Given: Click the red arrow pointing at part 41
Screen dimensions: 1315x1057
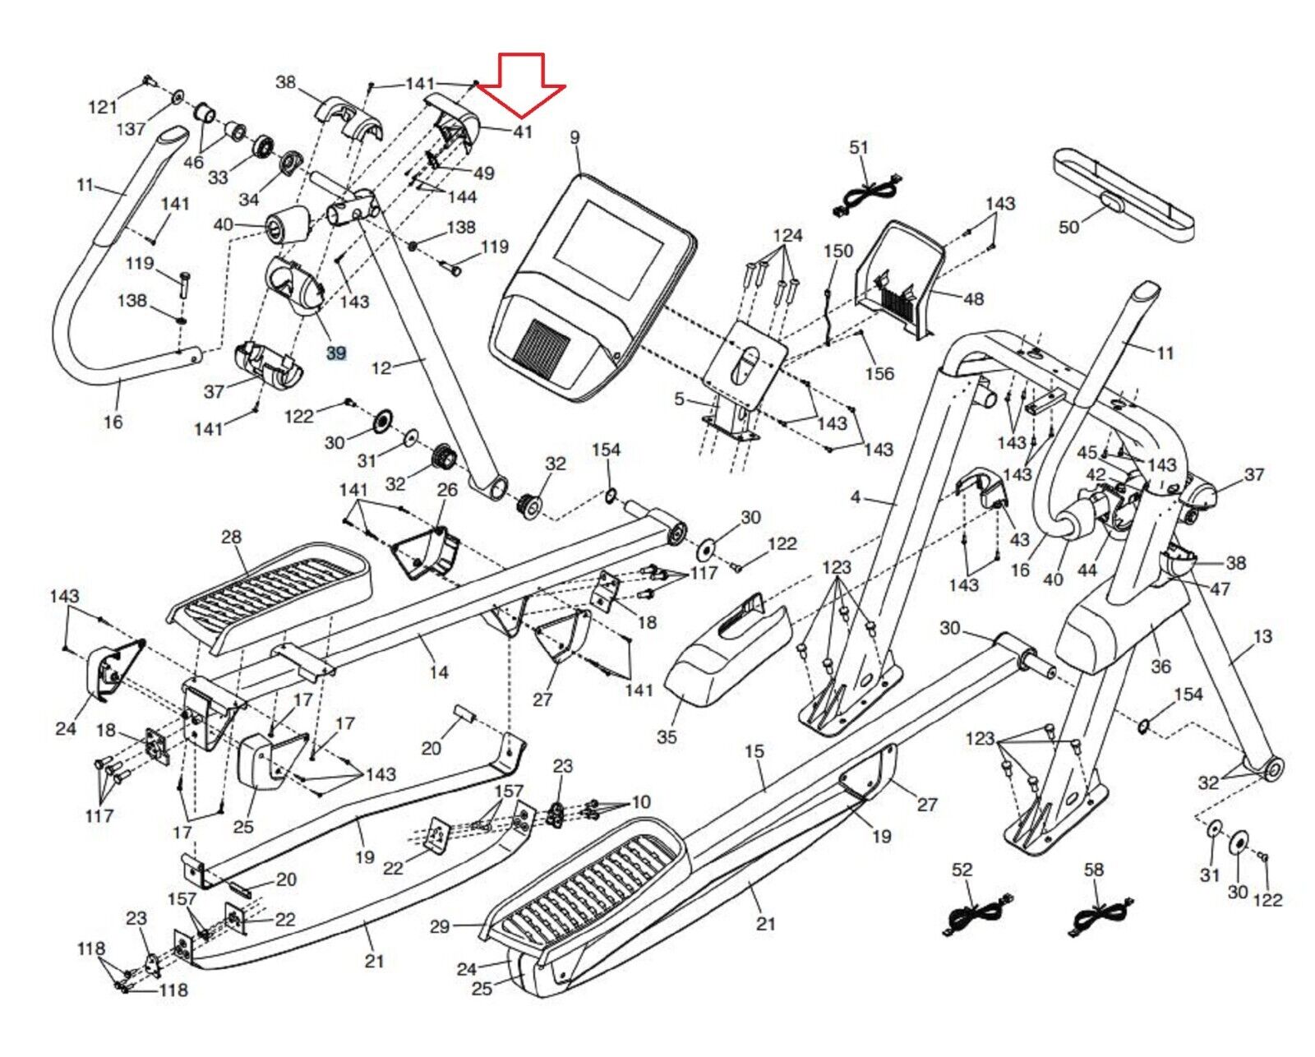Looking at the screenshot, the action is pos(521,85).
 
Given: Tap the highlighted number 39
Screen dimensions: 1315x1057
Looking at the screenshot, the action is pos(336,353).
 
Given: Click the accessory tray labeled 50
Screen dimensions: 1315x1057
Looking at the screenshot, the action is pos(1124,196).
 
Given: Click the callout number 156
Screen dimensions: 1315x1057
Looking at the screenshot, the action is pos(879,373).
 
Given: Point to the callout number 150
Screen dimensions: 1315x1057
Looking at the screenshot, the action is pos(838,251).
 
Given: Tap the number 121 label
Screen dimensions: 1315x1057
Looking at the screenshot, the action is pos(103,107).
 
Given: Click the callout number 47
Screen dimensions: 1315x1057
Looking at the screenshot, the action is pos(1220,589).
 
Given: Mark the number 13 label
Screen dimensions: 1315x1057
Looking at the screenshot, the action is pos(1262,636).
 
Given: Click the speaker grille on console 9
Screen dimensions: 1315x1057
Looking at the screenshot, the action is pos(542,347).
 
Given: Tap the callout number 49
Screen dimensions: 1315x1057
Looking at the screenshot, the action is pos(484,173).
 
